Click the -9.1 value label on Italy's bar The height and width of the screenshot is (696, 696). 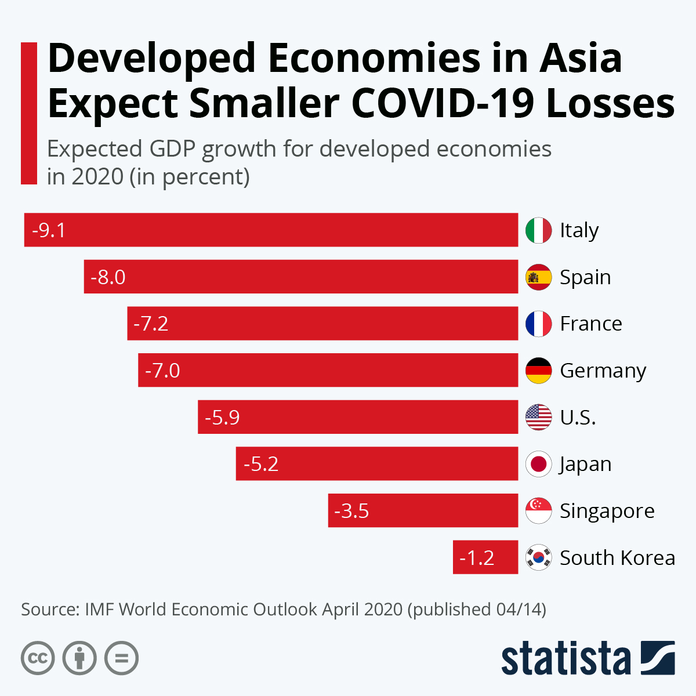point(49,230)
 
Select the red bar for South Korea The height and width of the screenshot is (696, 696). point(485,557)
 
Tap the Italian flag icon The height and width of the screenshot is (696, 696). point(538,230)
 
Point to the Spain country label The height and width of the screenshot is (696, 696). point(585,277)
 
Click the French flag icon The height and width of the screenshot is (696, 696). point(538,324)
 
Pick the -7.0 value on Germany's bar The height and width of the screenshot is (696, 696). point(162,370)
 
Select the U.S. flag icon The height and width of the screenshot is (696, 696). point(538,417)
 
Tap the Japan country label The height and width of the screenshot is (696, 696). point(585,464)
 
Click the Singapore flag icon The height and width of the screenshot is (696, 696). point(538,510)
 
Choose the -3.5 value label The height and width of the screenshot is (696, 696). point(351,511)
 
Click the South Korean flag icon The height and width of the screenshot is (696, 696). point(538,557)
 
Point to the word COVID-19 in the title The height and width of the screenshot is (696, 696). point(442,103)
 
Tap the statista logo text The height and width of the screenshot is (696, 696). point(565,658)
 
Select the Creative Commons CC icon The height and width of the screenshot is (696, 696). point(38,658)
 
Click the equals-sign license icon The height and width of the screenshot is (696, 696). point(121,658)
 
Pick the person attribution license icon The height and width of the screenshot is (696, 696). point(79,658)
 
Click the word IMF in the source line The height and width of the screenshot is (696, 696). point(99,610)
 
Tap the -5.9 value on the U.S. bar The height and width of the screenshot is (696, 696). point(222,417)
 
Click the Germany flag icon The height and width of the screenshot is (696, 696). point(538,370)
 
